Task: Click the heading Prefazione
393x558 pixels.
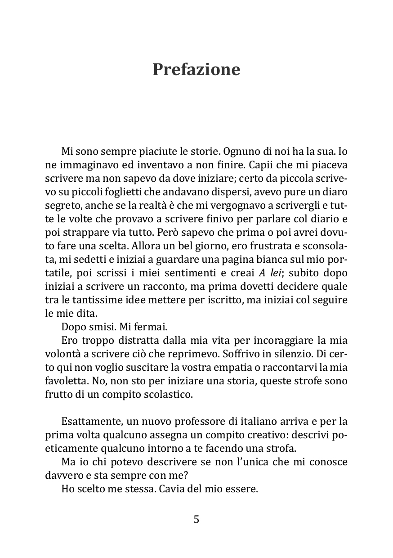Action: [196, 70]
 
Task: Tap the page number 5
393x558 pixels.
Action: [196, 519]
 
